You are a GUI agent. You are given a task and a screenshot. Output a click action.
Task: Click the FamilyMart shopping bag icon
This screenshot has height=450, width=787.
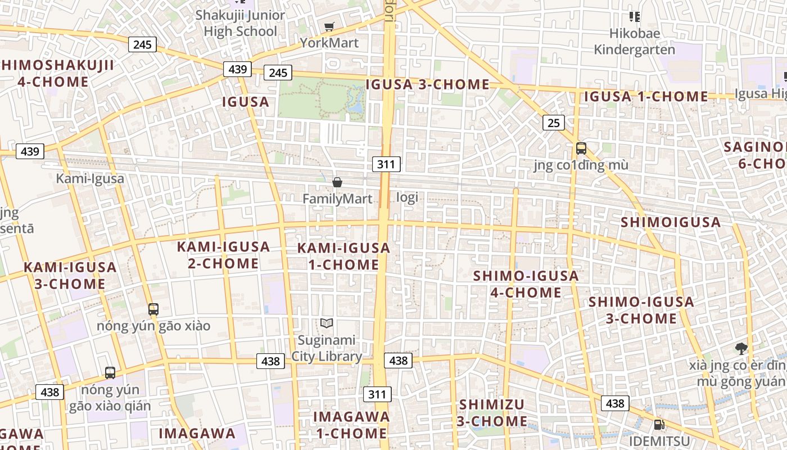[337, 182]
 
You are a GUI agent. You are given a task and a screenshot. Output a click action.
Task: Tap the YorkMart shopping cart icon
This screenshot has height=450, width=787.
[329, 26]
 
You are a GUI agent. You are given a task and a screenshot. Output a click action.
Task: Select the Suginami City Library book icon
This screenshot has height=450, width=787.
[327, 323]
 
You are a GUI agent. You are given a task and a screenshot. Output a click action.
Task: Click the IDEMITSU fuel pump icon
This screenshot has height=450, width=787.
[658, 424]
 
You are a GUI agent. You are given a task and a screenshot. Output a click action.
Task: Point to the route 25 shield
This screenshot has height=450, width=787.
[554, 122]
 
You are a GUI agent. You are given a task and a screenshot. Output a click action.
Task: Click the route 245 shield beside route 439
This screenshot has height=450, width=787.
[278, 72]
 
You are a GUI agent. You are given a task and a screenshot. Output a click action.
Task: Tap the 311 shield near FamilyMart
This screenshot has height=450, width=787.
[386, 164]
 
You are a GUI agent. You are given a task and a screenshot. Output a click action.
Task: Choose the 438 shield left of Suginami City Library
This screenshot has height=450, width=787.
[270, 361]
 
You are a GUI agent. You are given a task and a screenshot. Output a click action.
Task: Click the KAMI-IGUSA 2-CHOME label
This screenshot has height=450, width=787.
[223, 255]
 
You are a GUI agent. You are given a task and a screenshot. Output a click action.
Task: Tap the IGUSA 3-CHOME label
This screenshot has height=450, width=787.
[427, 84]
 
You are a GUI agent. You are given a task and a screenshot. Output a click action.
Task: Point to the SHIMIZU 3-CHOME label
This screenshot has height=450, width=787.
[492, 413]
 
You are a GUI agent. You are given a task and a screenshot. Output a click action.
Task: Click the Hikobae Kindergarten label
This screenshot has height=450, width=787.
[634, 42]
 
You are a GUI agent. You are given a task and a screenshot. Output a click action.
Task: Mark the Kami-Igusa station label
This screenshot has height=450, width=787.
[90, 179]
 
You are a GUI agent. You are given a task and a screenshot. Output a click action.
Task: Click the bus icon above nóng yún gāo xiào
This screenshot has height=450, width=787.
[153, 309]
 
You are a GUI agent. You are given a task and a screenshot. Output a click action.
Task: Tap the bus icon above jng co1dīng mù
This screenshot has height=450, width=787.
[581, 149]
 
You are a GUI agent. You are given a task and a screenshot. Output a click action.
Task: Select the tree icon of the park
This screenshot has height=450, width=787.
[741, 349]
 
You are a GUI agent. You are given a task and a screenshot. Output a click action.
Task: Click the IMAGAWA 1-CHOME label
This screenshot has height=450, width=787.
[351, 425]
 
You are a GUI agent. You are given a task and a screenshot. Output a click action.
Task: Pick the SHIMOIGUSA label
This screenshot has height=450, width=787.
[671, 222]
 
